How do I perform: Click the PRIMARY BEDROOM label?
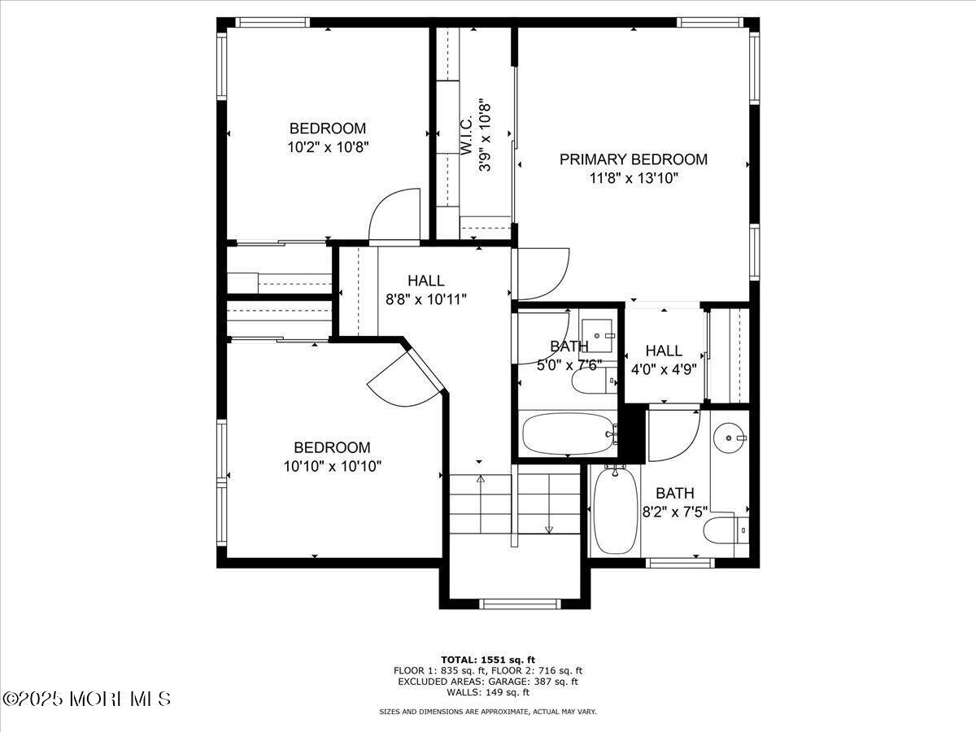pos(633,159)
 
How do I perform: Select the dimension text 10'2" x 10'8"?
pos(328,147)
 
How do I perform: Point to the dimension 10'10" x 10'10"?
pos(333,466)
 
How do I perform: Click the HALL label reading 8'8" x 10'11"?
pos(426,281)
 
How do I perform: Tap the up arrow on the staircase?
pos(480,480)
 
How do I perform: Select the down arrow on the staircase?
pos(549,529)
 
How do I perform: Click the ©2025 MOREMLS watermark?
pos(86,699)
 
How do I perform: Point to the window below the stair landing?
pos(520,603)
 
